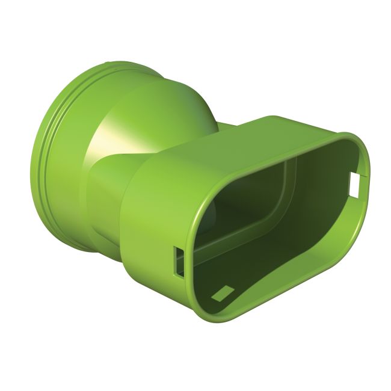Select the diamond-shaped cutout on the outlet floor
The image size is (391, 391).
(223, 293)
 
